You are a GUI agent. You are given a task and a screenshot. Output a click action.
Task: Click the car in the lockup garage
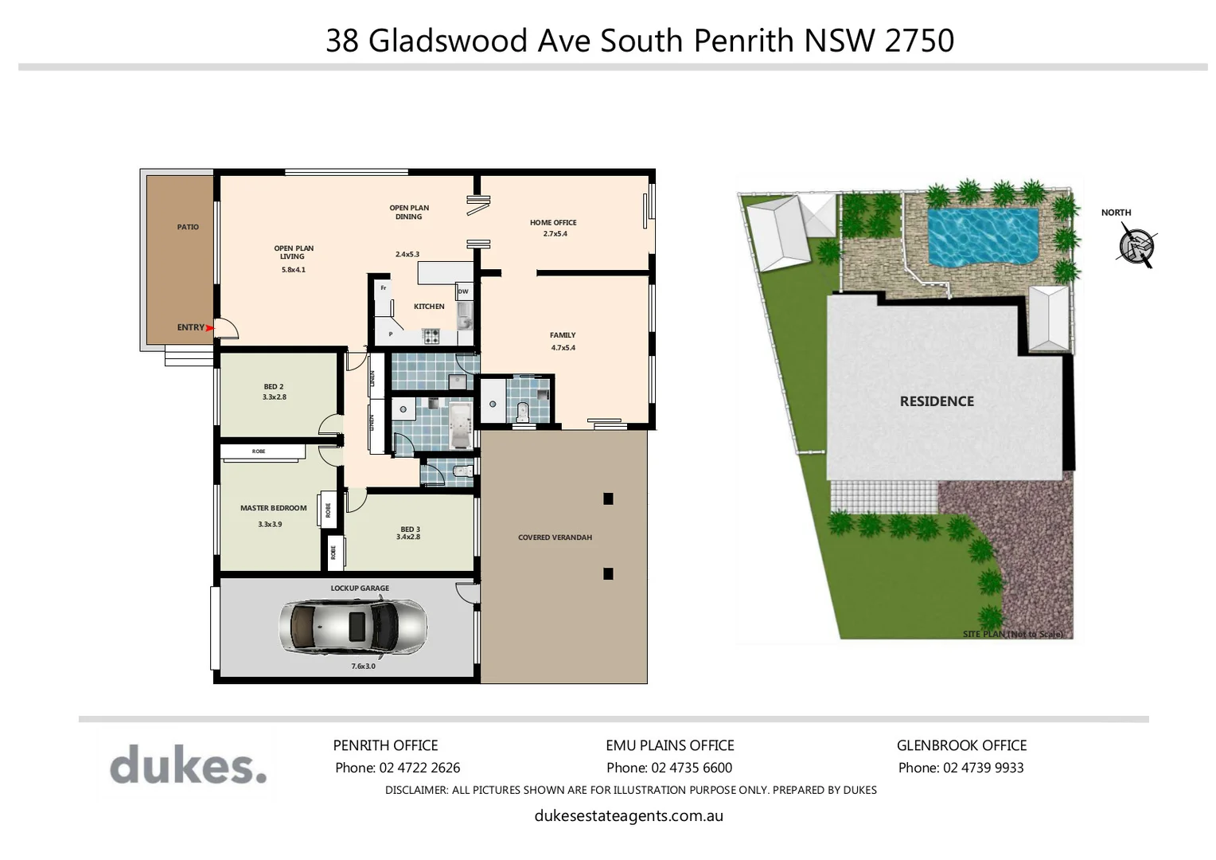tap(352, 627)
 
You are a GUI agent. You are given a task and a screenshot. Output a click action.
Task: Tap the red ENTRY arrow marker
tap(211, 327)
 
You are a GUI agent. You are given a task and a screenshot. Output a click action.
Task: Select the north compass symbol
tap(1136, 245)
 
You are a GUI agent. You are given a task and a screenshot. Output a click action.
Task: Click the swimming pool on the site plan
tap(984, 236)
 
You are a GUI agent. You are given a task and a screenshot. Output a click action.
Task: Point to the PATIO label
tap(188, 227)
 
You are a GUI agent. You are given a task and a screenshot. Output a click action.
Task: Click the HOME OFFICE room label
tap(553, 223)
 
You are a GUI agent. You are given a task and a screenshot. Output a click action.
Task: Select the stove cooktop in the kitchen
tap(431, 336)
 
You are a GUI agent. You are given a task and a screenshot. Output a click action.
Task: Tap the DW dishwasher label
tap(463, 292)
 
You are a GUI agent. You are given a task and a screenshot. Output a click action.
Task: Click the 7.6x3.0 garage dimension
tap(363, 666)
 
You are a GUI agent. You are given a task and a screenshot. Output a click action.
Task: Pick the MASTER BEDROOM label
tap(273, 508)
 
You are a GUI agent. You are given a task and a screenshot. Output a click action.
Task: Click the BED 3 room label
tap(410, 529)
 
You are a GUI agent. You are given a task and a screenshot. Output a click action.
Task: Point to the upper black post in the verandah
tap(608, 499)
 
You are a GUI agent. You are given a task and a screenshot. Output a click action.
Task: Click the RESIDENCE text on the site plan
tap(937, 401)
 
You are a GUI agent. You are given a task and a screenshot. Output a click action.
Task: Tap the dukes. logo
tap(188, 765)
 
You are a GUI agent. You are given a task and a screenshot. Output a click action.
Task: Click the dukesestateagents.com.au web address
tap(629, 815)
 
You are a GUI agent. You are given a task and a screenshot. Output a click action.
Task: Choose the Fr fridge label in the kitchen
tap(384, 287)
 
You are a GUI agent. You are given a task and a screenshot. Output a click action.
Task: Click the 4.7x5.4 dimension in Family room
tap(563, 348)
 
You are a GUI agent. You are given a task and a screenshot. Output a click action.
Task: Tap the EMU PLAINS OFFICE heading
tap(669, 745)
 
